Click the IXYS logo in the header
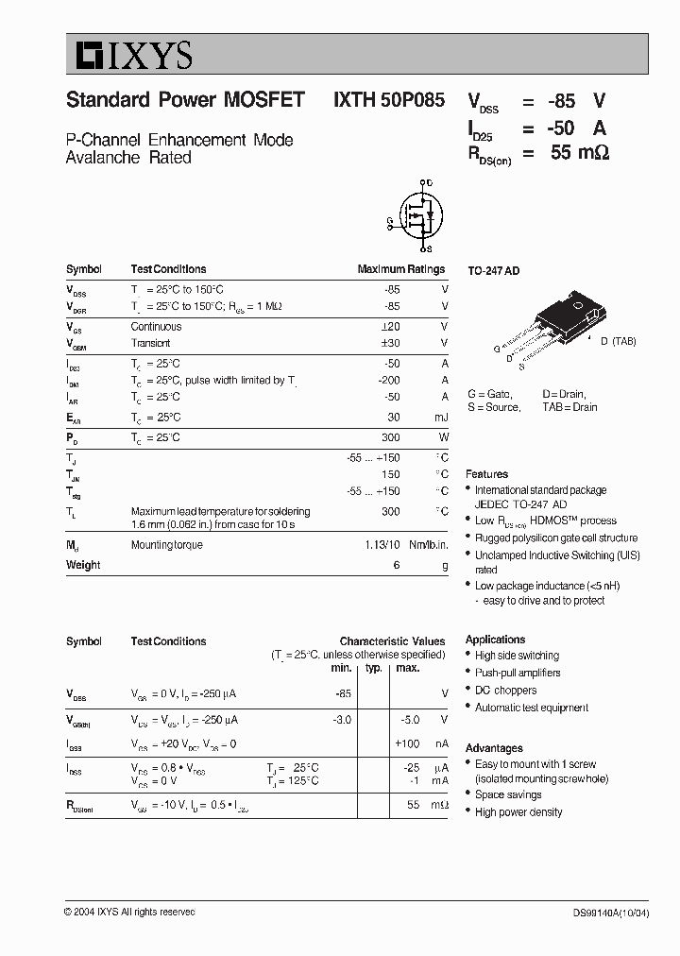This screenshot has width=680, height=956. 129,55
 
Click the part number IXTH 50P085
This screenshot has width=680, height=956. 388,101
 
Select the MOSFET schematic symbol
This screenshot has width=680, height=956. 415,216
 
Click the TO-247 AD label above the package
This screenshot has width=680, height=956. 494,271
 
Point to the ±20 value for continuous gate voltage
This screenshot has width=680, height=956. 389,327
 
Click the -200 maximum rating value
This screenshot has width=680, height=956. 387,381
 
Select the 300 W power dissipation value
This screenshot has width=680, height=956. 390,437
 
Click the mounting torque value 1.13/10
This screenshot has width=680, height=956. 382,545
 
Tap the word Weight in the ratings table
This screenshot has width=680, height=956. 83,565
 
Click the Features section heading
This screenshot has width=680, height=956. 486,474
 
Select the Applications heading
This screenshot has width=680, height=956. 495,640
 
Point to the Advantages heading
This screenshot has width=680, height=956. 494,747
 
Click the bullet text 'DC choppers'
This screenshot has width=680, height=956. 505,691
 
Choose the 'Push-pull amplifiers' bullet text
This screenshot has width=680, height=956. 518,674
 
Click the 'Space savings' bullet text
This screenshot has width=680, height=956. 508,794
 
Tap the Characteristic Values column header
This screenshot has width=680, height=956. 392,640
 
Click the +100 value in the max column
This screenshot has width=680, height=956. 407,744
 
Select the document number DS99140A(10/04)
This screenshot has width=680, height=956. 610,913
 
